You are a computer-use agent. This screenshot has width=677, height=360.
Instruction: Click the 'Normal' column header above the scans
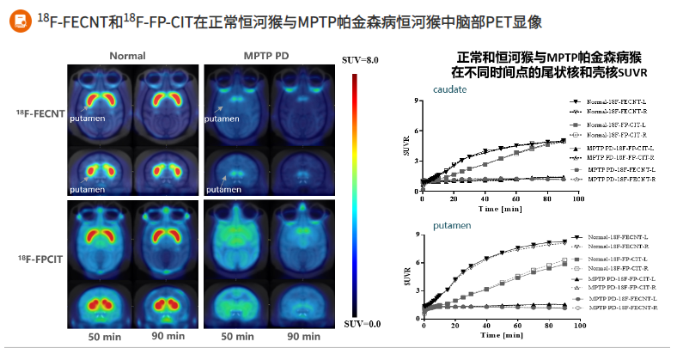125,56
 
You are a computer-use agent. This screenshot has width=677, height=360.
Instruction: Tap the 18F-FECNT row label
38,113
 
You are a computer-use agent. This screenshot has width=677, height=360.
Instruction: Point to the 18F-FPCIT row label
38,259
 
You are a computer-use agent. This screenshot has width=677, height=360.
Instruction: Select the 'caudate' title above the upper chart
450,89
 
